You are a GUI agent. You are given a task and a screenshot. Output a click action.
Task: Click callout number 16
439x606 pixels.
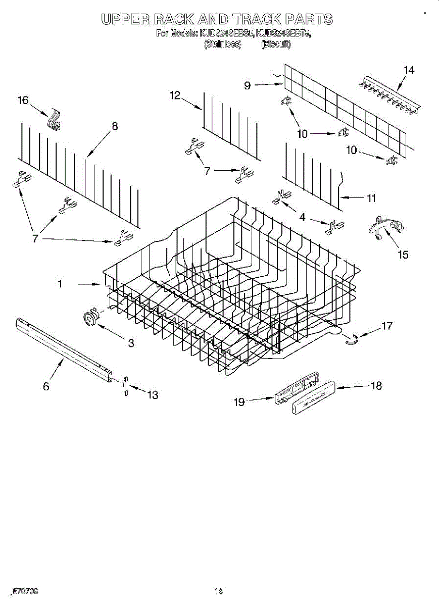[23, 100]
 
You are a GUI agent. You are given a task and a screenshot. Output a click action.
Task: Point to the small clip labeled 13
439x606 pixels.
[126, 386]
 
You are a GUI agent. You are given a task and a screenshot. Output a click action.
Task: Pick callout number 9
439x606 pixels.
[248, 85]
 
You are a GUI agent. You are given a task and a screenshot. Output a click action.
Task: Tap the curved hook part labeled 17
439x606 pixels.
[351, 339]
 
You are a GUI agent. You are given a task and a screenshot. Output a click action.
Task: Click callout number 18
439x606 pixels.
[376, 386]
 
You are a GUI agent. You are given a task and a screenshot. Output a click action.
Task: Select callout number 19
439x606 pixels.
[239, 401]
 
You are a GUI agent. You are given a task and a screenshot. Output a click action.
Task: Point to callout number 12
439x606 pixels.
[175, 95]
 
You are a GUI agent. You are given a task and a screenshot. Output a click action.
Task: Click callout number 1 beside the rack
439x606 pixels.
[60, 284]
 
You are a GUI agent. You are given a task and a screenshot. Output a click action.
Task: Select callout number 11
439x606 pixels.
[371, 198]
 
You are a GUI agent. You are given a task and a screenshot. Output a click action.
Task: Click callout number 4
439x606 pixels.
[302, 217]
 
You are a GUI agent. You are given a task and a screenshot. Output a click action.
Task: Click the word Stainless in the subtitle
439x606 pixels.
[222, 44]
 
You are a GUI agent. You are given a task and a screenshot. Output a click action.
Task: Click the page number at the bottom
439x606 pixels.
[218, 590]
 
